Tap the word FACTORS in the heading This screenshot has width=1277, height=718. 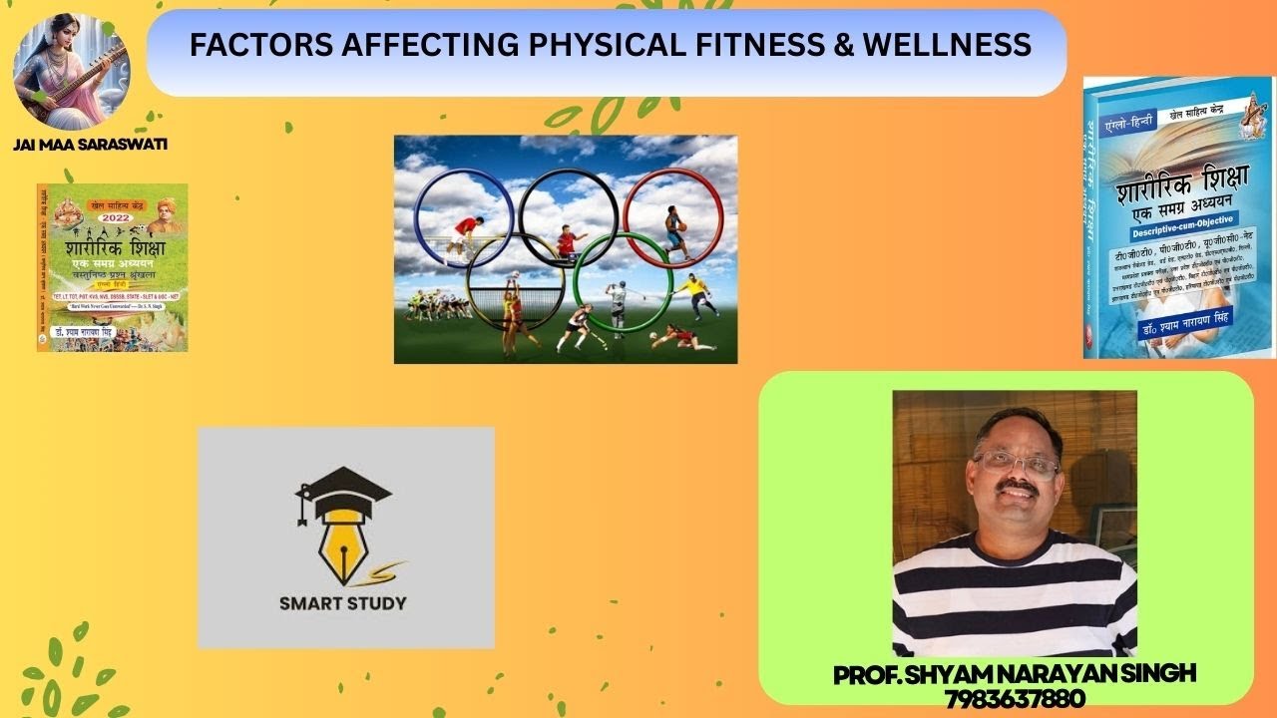point(244,45)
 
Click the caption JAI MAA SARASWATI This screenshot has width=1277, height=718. point(90,145)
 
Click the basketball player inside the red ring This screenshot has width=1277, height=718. point(675,231)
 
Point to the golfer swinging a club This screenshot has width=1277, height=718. point(618,304)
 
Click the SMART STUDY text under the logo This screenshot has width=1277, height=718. point(342,602)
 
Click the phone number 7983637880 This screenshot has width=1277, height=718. point(1014,698)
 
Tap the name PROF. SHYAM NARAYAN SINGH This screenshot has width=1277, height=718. point(1014,674)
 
